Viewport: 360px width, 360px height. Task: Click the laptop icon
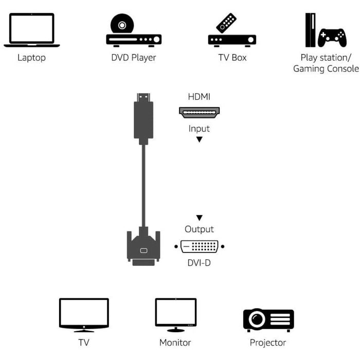(x=31, y=30)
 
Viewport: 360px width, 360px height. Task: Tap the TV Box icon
(x=232, y=32)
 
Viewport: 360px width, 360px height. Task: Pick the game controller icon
(x=332, y=37)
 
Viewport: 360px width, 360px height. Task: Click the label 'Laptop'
(x=31, y=58)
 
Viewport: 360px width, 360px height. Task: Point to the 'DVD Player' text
(x=134, y=58)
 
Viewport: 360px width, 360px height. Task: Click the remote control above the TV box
(x=226, y=23)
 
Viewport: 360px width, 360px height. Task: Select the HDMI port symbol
(x=199, y=112)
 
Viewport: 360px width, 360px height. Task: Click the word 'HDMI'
(x=199, y=97)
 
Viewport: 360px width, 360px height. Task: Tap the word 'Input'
(x=199, y=129)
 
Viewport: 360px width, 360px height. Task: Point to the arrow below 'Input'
(x=200, y=139)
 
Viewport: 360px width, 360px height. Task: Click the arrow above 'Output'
(x=200, y=218)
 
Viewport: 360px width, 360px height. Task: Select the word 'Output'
(x=199, y=229)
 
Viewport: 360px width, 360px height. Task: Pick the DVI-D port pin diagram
(x=199, y=246)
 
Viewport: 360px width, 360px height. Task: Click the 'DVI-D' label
(x=199, y=263)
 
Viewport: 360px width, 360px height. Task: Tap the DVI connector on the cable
(x=143, y=248)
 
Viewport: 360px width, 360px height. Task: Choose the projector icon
(x=268, y=320)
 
